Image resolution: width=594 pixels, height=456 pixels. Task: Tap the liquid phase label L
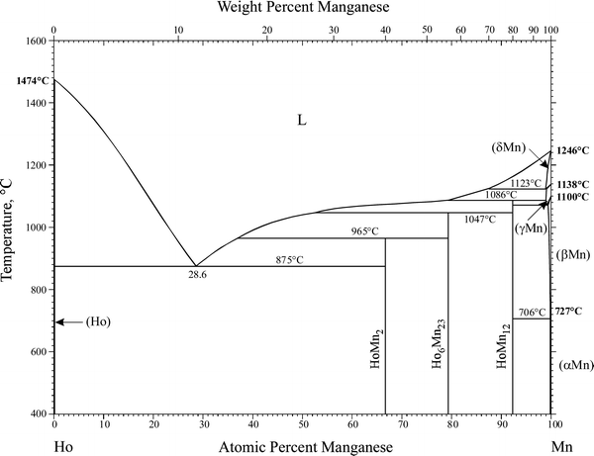tap(303, 120)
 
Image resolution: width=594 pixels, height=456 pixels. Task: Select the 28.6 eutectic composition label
tap(197, 273)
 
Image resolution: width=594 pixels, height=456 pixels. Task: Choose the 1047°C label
tap(479, 220)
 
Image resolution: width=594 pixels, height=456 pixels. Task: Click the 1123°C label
tap(527, 183)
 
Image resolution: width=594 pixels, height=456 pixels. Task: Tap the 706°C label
tap(531, 313)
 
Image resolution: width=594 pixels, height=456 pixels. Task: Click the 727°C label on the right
tap(568, 311)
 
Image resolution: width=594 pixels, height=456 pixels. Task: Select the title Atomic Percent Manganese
tap(303, 446)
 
